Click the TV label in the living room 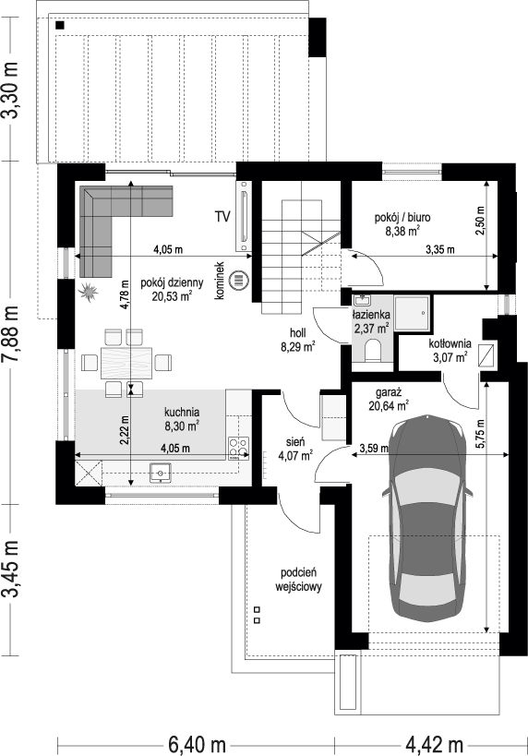click(222, 217)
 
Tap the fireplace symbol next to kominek click(239, 280)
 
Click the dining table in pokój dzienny click(126, 363)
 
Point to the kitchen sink click(161, 472)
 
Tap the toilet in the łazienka click(372, 351)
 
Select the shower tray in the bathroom click(412, 314)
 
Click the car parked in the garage click(427, 517)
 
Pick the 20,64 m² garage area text click(390, 405)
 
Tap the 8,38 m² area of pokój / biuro click(402, 231)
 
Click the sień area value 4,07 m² click(295, 454)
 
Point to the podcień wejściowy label click(298, 580)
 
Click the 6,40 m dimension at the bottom click(197, 744)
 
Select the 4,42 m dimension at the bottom click(434, 744)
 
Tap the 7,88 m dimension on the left click(10, 333)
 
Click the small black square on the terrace click(60, 25)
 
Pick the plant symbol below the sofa click(89, 291)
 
